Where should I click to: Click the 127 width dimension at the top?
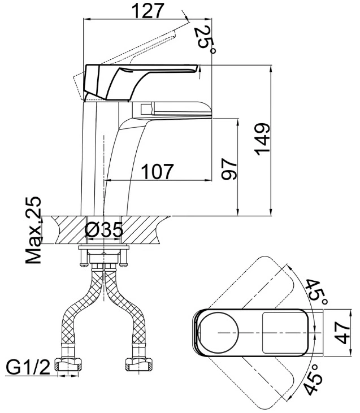tap(148, 11)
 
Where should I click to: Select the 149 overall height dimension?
tap(262, 139)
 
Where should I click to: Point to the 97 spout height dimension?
tap(229, 169)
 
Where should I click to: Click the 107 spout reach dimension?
tap(158, 171)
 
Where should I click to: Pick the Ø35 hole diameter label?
tap(104, 230)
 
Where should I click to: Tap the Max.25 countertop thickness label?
tap(33, 230)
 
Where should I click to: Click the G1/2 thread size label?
tap(28, 367)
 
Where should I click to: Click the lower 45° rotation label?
tap(314, 378)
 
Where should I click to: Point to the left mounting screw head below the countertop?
tap(83, 265)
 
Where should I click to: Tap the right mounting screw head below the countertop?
tap(124, 265)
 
